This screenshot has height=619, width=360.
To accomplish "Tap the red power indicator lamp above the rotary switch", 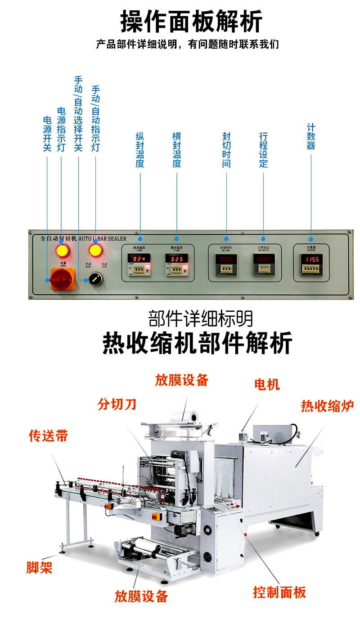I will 62,250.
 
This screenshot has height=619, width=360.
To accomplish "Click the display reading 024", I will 139,260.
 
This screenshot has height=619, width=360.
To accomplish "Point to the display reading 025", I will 176,260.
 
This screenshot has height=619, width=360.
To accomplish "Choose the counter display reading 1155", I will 311,260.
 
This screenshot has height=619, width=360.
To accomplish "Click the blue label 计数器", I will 311,137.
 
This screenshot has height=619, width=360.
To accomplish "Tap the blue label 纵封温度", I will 140,150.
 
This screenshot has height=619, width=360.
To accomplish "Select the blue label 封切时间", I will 226,150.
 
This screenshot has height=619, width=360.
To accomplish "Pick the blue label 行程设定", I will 263,150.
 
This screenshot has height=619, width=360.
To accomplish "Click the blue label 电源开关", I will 47,134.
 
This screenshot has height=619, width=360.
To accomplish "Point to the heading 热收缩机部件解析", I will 197,343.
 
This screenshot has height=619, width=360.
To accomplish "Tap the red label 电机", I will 266,384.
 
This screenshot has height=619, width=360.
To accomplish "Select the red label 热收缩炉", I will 327,406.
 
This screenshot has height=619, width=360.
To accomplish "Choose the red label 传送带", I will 48,436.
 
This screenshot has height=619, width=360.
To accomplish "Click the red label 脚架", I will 39,568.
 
